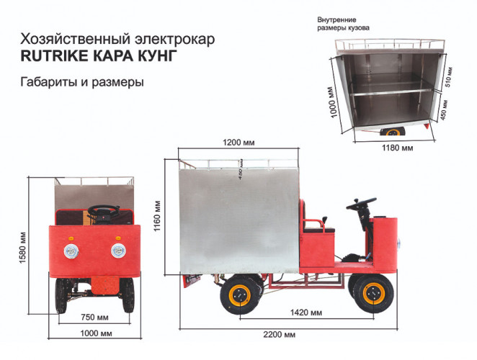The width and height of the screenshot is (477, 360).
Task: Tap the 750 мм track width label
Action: [x=96, y=317]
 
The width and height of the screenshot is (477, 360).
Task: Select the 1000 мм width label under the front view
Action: [x=96, y=334]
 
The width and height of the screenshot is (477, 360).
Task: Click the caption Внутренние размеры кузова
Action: [x=344, y=23]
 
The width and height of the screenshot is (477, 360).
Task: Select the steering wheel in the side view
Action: [x=360, y=204]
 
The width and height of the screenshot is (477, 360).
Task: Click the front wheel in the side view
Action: [x=373, y=294]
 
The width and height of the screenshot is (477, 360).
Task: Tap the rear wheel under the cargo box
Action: [x=241, y=294]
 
